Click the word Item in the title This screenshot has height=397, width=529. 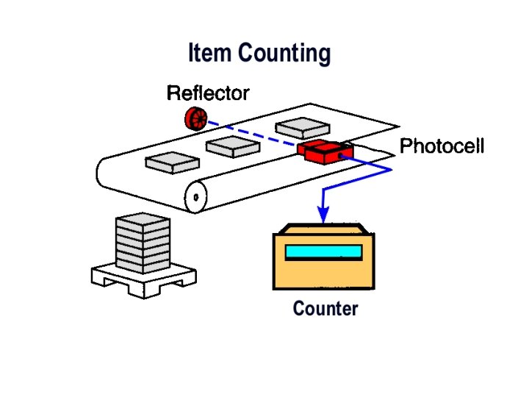(210, 54)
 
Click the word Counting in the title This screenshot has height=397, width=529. (284, 54)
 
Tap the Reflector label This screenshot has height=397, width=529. (208, 93)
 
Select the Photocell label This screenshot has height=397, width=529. (442, 146)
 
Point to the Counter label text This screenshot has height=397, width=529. (325, 309)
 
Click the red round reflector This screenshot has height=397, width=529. (195, 117)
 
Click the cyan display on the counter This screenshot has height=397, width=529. (323, 252)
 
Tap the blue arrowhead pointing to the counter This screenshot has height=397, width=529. (323, 213)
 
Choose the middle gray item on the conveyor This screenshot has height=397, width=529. (231, 146)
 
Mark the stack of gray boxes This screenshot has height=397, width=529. (143, 243)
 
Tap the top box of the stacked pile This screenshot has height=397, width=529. (143, 221)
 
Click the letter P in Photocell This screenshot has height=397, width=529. (406, 146)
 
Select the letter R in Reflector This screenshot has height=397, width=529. (173, 93)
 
